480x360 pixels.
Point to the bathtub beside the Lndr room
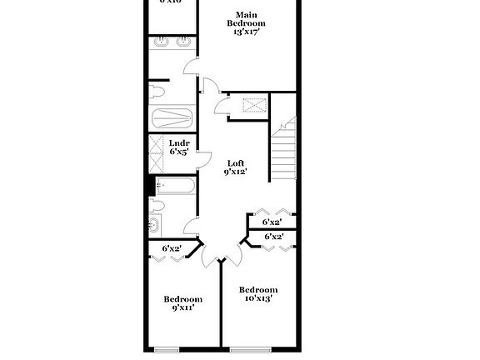172,118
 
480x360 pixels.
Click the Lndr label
179,143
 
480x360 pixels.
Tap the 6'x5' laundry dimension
179,152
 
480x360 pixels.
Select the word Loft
236,162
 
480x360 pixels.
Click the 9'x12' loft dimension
236,172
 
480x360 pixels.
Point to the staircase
283,150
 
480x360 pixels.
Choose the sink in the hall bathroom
154,224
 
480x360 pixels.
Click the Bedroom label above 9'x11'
182,299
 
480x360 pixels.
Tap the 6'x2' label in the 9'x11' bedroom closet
172,248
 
